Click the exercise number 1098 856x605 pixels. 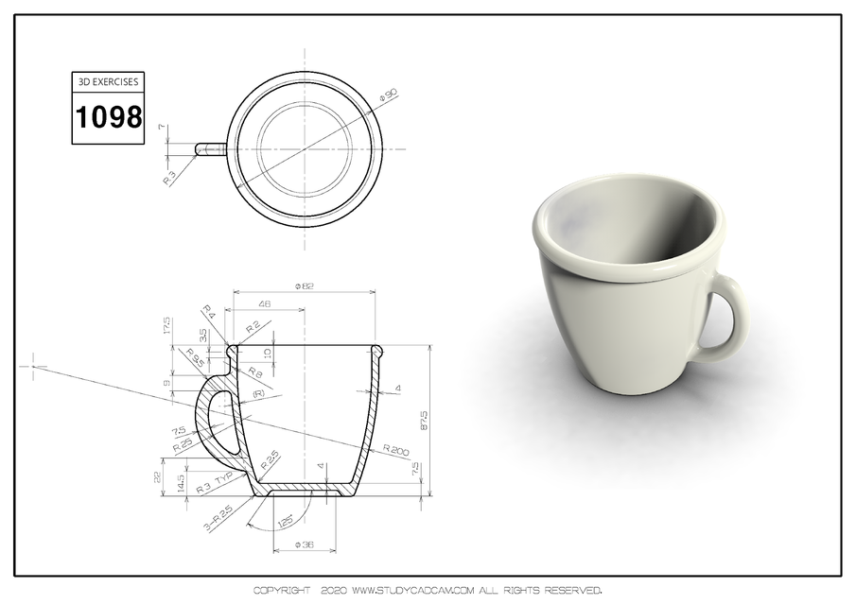point(109,117)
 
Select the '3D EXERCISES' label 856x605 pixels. point(109,82)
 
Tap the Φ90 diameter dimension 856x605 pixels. point(387,95)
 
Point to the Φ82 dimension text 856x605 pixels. point(305,285)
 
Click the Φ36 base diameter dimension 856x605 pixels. point(304,545)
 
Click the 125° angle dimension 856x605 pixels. point(283,521)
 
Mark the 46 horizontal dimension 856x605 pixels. point(264,304)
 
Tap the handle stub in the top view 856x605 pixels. point(210,148)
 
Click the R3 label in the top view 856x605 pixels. point(170,176)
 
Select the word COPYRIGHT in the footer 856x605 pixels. point(281,591)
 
